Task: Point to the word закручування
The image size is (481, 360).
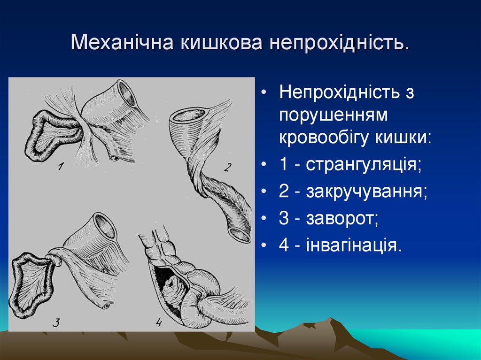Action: click(367, 191)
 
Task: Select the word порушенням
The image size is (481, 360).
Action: click(334, 115)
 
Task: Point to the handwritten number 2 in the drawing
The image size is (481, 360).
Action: click(228, 168)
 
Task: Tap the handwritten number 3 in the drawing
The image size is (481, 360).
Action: click(56, 322)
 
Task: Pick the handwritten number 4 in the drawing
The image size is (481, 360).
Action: click(158, 322)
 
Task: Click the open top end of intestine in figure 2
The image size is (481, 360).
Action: click(188, 115)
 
